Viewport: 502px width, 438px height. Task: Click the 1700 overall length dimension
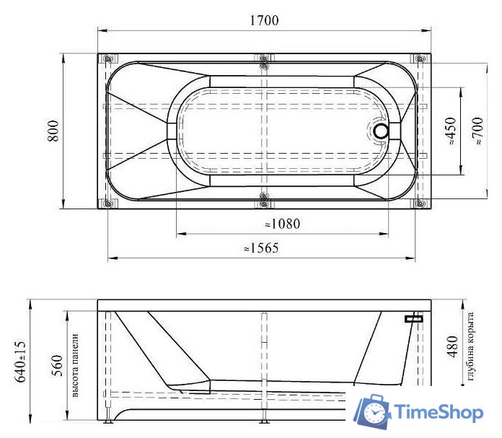[264, 20]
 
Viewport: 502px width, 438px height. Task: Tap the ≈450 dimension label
[451, 131]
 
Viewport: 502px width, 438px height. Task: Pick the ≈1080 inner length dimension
[277, 224]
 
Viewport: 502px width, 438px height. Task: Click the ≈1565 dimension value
[260, 248]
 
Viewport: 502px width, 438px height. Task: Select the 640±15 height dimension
[21, 362]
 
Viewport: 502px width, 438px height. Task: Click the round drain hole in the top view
[380, 131]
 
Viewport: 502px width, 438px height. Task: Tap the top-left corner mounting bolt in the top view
[107, 58]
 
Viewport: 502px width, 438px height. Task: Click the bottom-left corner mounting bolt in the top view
[107, 203]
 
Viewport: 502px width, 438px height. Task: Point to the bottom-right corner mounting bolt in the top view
[419, 203]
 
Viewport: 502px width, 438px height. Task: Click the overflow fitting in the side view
[413, 317]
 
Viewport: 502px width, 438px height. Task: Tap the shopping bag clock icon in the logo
[373, 412]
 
